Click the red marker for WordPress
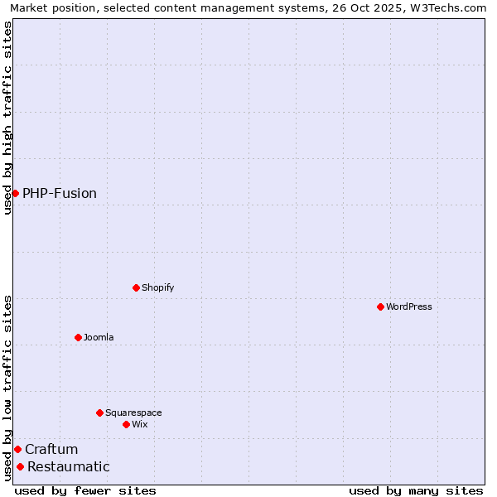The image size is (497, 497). pos(380,306)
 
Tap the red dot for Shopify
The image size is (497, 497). pos(136,287)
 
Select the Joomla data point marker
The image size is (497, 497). pos(78,337)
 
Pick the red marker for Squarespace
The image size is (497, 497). pos(99,413)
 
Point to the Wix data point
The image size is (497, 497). pos(126,424)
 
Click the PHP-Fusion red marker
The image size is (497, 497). pos(15,193)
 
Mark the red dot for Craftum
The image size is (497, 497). pos(17,449)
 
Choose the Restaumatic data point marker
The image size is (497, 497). pos(20,466)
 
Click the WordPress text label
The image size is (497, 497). pos(409,306)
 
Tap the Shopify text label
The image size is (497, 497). pos(157,287)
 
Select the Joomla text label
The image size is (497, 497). pos(99,337)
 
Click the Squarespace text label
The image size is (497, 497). pos(133,413)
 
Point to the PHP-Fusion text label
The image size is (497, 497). pos(60,193)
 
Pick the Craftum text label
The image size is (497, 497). pos(51,449)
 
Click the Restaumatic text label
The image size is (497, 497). pos(69,466)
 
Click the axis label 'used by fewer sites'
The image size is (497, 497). pos(85,490)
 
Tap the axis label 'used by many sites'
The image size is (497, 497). pos(416,490)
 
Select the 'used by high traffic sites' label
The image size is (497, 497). pos(7,118)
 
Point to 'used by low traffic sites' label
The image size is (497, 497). pos(7,388)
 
